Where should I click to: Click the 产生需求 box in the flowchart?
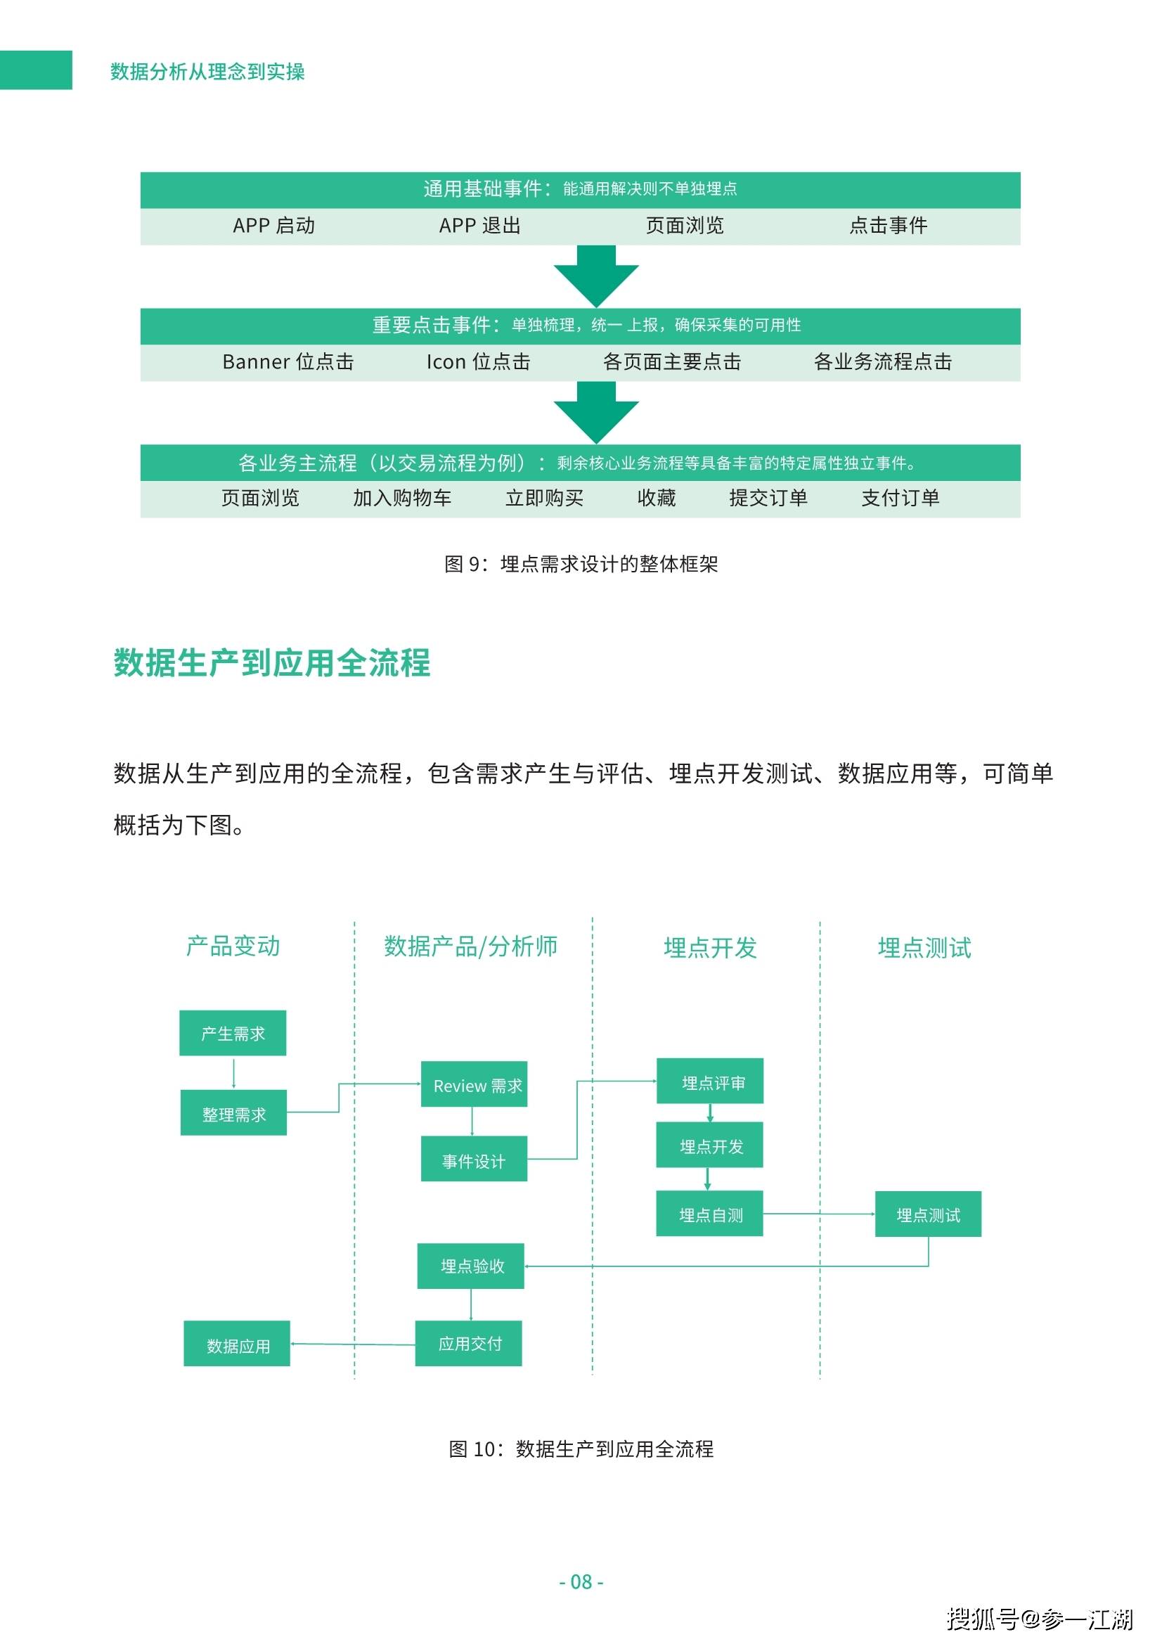[233, 1032]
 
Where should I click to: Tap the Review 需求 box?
[474, 1084]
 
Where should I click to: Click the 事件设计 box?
[474, 1159]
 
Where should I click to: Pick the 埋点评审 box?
[710, 1081]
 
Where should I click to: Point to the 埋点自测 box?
[709, 1214]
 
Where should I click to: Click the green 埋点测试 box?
[928, 1214]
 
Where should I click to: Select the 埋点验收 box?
[471, 1266]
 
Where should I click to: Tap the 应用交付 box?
[468, 1343]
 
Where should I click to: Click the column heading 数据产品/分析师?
[470, 946]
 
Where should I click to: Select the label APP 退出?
[479, 226]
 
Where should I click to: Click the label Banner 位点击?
[288, 361]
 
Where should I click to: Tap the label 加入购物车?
[401, 498]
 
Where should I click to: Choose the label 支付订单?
[900, 498]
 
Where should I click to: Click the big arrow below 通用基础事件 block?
[595, 276]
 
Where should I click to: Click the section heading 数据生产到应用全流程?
[272, 662]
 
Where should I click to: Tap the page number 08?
[581, 1581]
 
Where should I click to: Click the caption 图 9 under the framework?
[581, 564]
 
